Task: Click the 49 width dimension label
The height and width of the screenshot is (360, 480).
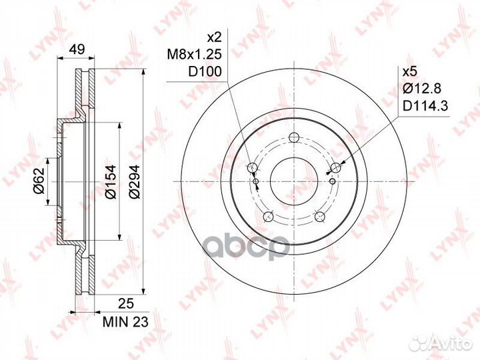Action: coord(77,49)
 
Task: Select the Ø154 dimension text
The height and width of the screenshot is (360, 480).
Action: coord(111,181)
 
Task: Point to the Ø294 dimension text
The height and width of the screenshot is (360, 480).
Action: coord(134,182)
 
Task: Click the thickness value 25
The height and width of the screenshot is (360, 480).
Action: coord(126,304)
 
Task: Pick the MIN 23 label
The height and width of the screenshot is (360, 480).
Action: coord(125,322)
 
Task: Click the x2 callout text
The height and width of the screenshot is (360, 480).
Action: coord(214,37)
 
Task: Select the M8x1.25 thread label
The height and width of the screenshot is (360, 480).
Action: coord(195,55)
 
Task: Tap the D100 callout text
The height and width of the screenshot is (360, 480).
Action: coord(205,71)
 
